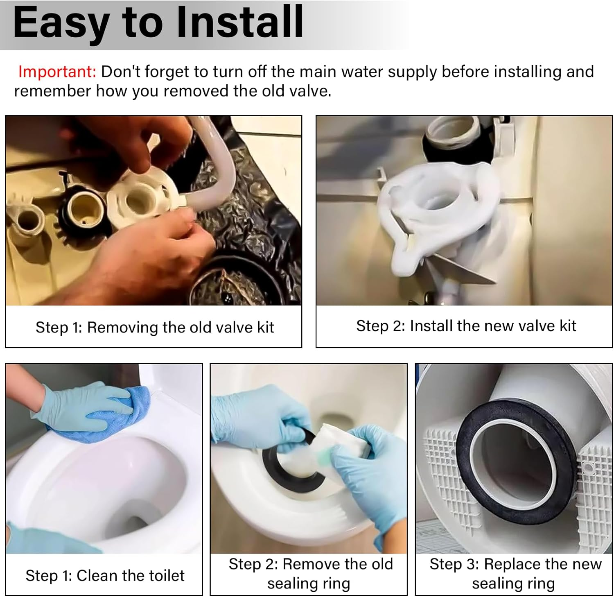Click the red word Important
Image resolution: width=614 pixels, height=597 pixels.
[x=57, y=72]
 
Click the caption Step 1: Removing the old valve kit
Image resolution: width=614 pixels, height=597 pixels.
[x=154, y=328]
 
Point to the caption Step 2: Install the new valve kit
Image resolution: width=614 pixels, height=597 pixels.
[x=466, y=326]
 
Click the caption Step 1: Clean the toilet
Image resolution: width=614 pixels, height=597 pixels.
[x=105, y=576]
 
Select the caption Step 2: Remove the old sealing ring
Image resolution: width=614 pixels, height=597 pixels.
[x=310, y=574]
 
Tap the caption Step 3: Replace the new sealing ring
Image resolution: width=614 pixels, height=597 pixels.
[x=515, y=574]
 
